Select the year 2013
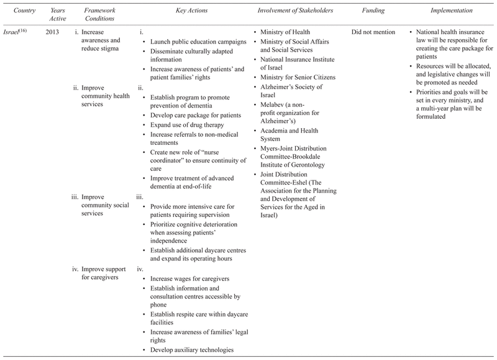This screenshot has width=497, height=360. point(53,32)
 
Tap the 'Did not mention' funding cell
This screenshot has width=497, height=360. point(373,32)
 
